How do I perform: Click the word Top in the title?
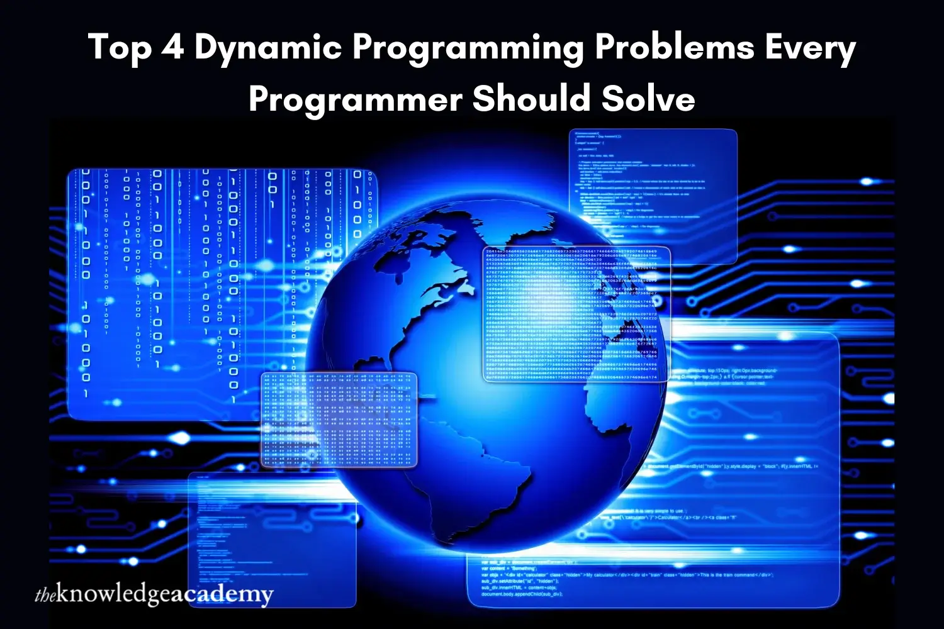[x=119, y=48]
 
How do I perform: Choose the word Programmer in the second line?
[x=356, y=99]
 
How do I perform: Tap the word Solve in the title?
[x=648, y=98]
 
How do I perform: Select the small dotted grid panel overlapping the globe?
[x=339, y=419]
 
